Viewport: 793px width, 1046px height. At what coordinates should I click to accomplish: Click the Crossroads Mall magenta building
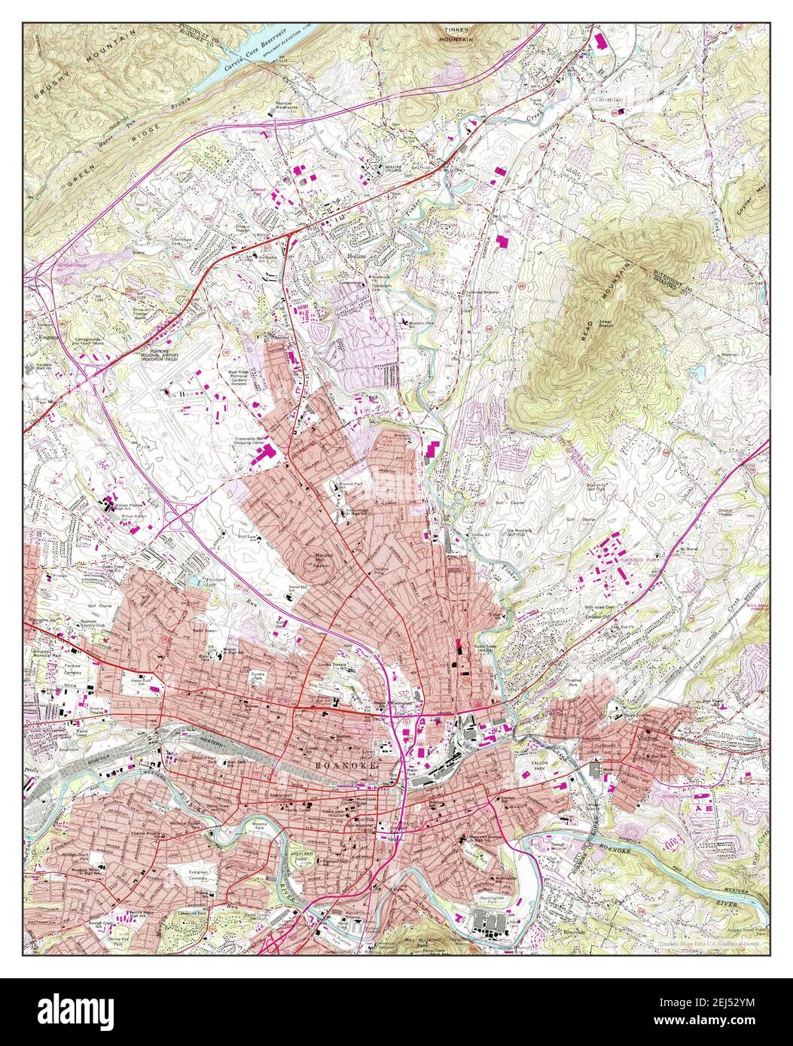tap(269, 453)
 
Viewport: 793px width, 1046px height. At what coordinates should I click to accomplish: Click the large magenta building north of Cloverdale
tap(600, 41)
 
